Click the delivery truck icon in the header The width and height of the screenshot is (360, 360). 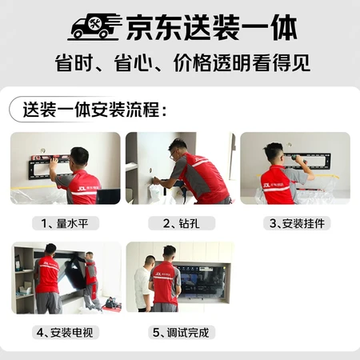pyautogui.click(x=94, y=26)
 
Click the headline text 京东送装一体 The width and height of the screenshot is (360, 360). pyautogui.click(x=211, y=27)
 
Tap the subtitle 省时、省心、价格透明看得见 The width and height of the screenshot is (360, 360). pyautogui.click(x=182, y=63)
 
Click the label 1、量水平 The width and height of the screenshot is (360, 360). pyautogui.click(x=65, y=223)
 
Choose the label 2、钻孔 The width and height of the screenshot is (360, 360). pyautogui.click(x=181, y=223)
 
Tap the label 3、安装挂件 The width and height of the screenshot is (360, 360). pyautogui.click(x=297, y=223)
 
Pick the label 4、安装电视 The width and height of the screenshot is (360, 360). pyautogui.click(x=65, y=333)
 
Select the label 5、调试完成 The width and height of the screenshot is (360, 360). pyautogui.click(x=181, y=333)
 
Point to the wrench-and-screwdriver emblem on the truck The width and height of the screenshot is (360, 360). pyautogui.click(x=95, y=24)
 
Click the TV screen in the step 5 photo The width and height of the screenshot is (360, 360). pyautogui.click(x=202, y=282)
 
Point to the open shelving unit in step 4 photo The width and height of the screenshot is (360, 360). pyautogui.click(x=23, y=280)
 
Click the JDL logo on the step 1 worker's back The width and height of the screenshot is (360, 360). pyautogui.click(x=82, y=188)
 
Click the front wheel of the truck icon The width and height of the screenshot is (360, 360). pyautogui.click(x=104, y=34)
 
